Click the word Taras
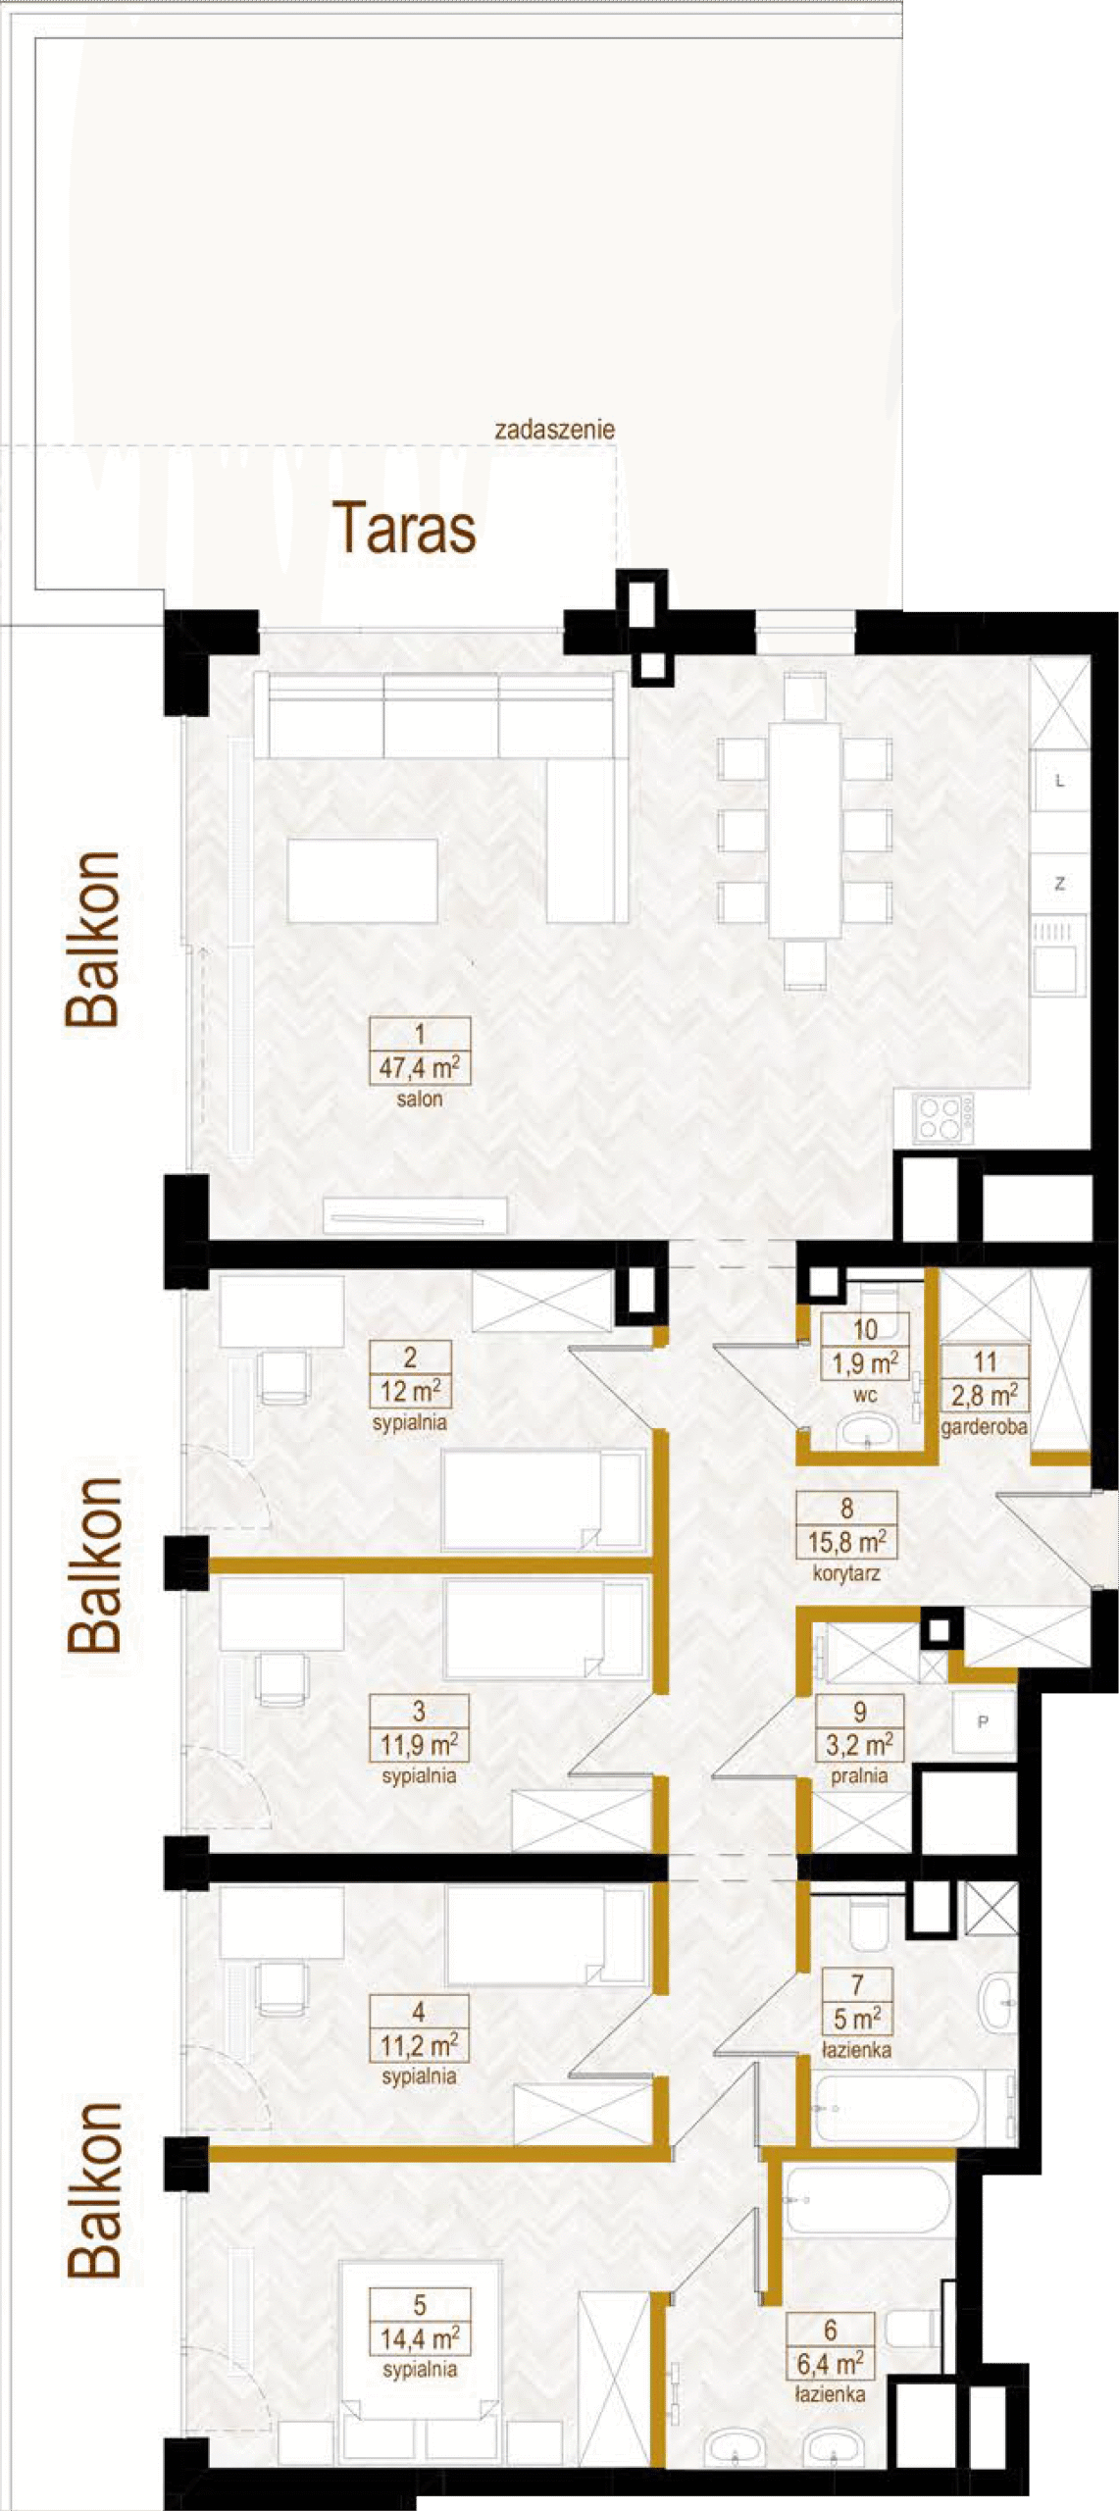pyautogui.click(x=404, y=528)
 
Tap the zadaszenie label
pyautogui.click(x=555, y=430)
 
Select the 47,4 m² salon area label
pyautogui.click(x=420, y=1067)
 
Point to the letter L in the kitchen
pyautogui.click(x=1060, y=782)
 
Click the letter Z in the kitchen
pyautogui.click(x=1060, y=884)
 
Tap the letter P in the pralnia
pyautogui.click(x=983, y=1722)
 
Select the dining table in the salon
pyautogui.click(x=805, y=830)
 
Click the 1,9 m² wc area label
pyautogui.click(x=865, y=1363)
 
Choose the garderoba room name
pyautogui.click(x=984, y=1427)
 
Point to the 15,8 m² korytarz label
pyautogui.click(x=846, y=1542)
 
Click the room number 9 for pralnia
pyautogui.click(x=860, y=1713)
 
